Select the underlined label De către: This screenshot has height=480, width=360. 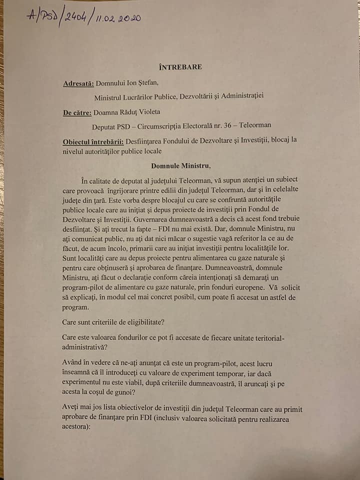click(78, 112)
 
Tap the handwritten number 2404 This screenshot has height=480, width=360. click(77, 18)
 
